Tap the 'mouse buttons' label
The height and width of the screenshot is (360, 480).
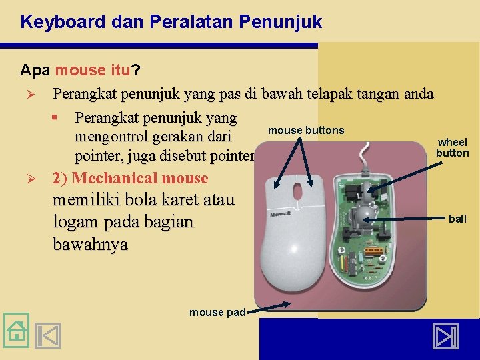[x=306, y=130]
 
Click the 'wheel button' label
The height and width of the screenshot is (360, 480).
[x=453, y=147]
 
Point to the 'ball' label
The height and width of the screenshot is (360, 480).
[x=458, y=219]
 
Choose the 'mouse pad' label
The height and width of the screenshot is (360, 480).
[x=217, y=312]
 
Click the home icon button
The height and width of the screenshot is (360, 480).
[x=16, y=331]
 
